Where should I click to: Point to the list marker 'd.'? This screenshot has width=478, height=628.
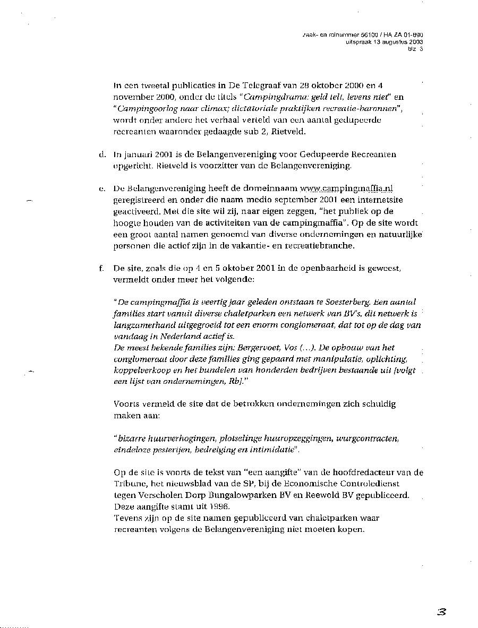pyautogui.click(x=101, y=154)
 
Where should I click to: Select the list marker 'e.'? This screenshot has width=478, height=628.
pyautogui.click(x=101, y=188)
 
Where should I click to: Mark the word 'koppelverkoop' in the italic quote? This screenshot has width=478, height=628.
pyautogui.click(x=140, y=371)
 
